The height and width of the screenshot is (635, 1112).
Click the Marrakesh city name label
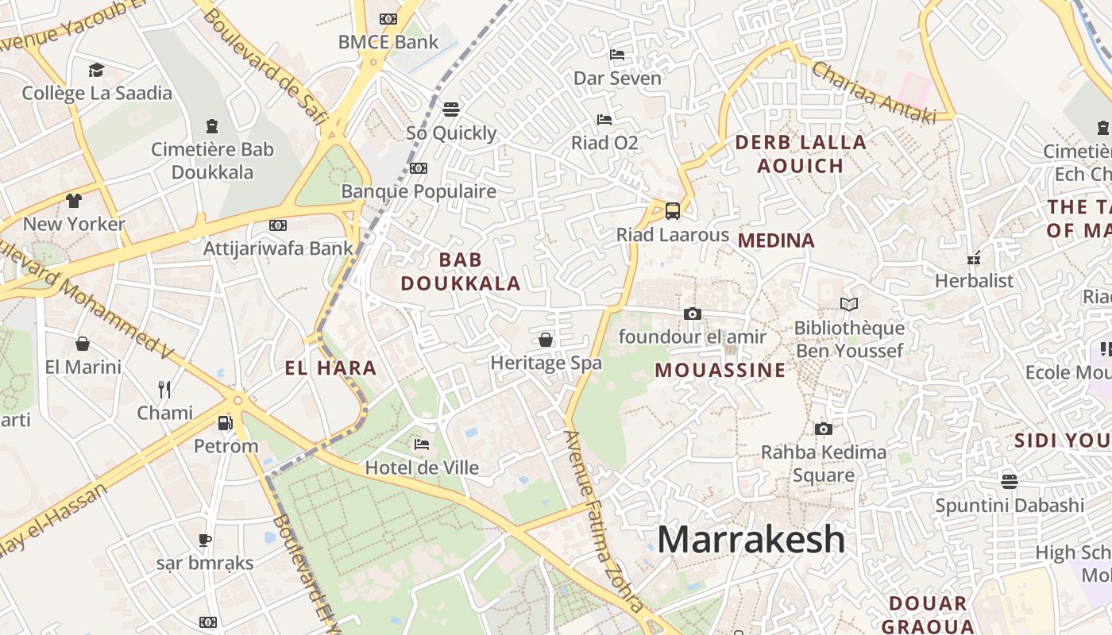pyautogui.click(x=751, y=540)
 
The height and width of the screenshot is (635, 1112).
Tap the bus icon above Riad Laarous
pyautogui.click(x=672, y=210)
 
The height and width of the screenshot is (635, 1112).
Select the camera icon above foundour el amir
pyautogui.click(x=692, y=314)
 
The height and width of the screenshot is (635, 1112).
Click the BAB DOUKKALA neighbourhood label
pyautogui.click(x=461, y=271)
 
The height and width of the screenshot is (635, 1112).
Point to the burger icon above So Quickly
pyautogui.click(x=451, y=109)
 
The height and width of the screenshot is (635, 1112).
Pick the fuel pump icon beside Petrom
pyautogui.click(x=226, y=422)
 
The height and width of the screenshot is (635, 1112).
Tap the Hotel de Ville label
pyautogui.click(x=422, y=468)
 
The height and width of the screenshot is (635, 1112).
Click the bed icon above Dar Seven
pyautogui.click(x=616, y=55)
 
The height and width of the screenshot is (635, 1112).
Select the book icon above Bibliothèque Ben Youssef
pyautogui.click(x=849, y=304)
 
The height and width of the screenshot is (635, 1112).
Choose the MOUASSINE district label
pyautogui.click(x=720, y=371)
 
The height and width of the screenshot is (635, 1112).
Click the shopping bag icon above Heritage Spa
pyautogui.click(x=546, y=340)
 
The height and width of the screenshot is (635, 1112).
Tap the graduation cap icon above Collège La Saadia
pyautogui.click(x=96, y=70)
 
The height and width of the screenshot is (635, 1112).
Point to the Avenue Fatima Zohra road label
pyautogui.click(x=603, y=520)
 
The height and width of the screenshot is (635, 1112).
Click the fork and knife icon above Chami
pyautogui.click(x=164, y=389)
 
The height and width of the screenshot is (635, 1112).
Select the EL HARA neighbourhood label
pyautogui.click(x=330, y=368)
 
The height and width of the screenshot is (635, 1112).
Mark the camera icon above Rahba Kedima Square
pyautogui.click(x=824, y=429)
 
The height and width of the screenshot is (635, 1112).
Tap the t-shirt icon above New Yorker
pyautogui.click(x=74, y=200)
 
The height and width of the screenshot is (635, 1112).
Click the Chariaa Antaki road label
pyautogui.click(x=874, y=93)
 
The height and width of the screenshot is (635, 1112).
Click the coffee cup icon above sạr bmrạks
pyautogui.click(x=205, y=540)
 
